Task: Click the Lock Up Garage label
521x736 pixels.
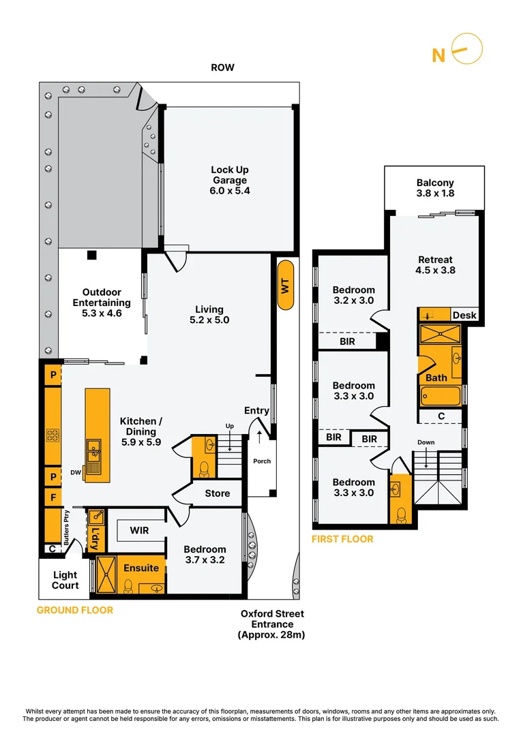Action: point(230,180)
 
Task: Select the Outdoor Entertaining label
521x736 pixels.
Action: point(102,303)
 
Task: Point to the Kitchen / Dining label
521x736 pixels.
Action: point(141,431)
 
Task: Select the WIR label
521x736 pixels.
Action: point(139,529)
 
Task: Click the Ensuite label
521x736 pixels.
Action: point(141,568)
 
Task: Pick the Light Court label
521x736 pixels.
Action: point(65,580)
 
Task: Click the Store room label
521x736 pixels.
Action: point(218,493)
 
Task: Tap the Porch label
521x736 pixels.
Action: point(262,461)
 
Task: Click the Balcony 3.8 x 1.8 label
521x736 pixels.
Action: point(435,188)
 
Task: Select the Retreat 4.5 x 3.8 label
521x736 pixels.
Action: point(435,264)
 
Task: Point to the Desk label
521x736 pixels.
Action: point(464,315)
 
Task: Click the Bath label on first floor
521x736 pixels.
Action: point(436,378)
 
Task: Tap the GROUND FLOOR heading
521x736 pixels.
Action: point(75,610)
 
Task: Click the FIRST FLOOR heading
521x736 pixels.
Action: point(342,539)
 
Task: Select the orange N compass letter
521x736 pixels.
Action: point(438,56)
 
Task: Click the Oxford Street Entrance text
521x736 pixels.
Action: point(271,624)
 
